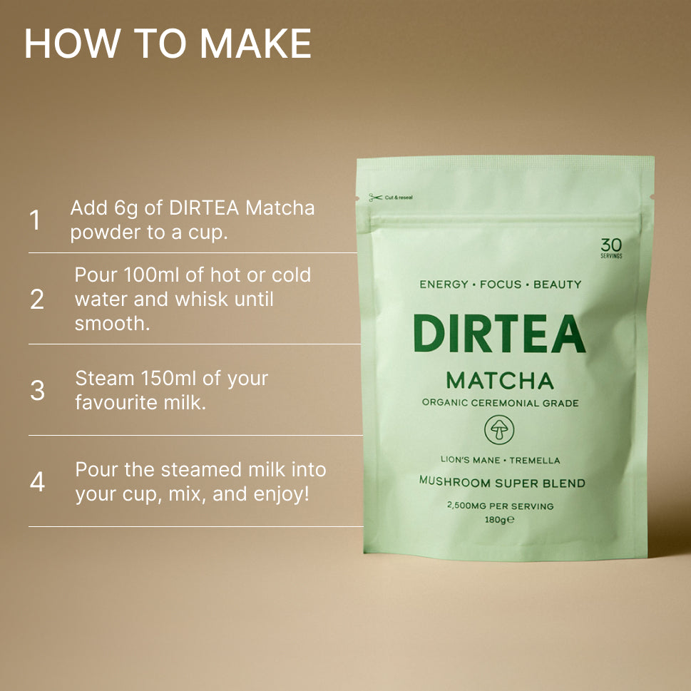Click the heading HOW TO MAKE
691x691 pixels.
[168, 44]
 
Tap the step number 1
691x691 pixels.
[34, 220]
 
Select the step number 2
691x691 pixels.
[37, 300]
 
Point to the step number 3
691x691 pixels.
[37, 391]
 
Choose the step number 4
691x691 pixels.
[37, 482]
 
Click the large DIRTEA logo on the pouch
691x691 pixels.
[498, 334]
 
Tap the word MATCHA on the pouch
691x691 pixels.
[499, 380]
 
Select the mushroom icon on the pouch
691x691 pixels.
[499, 431]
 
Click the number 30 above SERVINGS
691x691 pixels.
[611, 245]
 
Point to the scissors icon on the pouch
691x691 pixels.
[375, 198]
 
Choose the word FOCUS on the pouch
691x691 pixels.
[500, 285]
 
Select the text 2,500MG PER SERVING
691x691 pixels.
[500, 506]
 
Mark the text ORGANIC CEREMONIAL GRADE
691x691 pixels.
[500, 403]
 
